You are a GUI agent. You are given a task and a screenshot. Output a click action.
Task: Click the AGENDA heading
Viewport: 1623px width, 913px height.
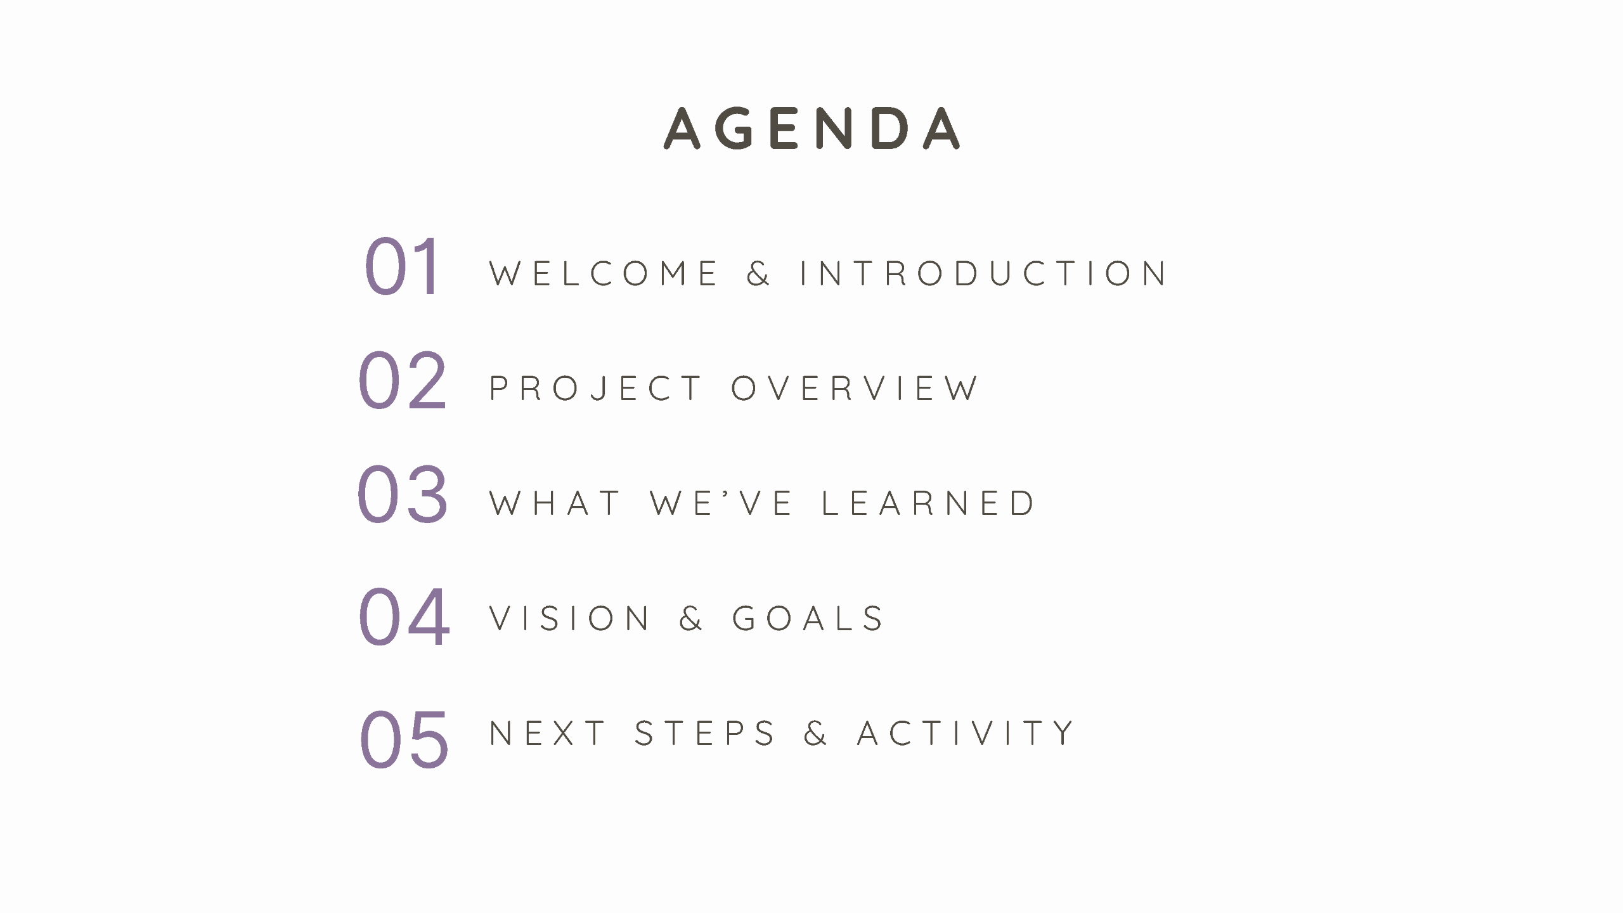tap(811, 128)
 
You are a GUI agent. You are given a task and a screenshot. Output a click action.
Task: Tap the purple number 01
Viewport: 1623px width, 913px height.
tap(402, 266)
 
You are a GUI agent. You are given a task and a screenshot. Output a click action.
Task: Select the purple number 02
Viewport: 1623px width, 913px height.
tap(403, 380)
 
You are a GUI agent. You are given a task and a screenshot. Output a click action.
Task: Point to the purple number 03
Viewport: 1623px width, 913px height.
tap(403, 495)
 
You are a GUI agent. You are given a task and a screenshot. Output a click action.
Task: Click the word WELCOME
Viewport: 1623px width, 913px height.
tap(604, 273)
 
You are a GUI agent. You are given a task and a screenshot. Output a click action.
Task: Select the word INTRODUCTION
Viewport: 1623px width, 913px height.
tap(983, 273)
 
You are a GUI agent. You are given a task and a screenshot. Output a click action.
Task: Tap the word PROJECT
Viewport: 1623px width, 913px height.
tap(595, 388)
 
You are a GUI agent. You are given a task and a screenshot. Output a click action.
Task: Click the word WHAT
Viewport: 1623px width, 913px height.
tap(555, 503)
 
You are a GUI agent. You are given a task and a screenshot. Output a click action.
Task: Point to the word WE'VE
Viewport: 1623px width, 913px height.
tap(721, 503)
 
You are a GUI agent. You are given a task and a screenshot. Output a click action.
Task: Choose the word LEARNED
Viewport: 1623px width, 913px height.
tap(928, 503)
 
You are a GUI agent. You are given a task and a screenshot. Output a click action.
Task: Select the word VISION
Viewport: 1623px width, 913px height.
tap(569, 618)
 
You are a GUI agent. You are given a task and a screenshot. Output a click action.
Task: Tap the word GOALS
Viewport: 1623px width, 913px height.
tap(808, 618)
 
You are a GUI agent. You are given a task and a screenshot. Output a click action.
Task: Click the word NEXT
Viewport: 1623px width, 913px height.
tap(547, 733)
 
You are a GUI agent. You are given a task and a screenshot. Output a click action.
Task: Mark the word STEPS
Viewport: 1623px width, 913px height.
tap(704, 733)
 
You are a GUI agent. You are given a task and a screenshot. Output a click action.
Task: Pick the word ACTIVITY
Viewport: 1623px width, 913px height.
tap(965, 733)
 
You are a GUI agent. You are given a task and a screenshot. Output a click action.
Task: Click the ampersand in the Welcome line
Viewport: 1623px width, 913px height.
tap(758, 273)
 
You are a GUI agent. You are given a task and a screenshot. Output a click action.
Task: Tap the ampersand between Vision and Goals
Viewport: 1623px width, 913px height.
tap(690, 618)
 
